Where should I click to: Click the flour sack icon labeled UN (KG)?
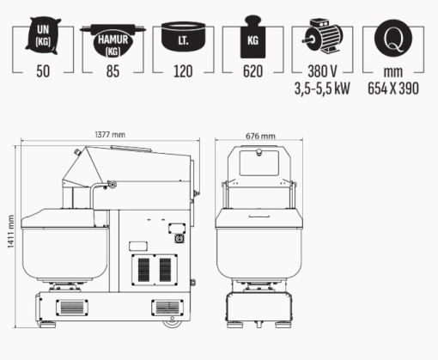[43, 35]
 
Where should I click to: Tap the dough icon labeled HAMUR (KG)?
[113, 40]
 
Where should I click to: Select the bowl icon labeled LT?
[183, 36]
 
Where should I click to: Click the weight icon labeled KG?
[252, 37]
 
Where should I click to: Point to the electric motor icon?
[323, 35]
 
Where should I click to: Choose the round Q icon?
[393, 38]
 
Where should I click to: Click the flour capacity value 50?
[43, 71]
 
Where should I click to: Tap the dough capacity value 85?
[113, 71]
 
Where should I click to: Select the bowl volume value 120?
[183, 71]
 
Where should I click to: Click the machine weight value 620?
[252, 71]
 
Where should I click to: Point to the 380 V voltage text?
[322, 71]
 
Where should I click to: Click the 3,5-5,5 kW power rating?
[322, 88]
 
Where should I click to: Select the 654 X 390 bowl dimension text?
[393, 88]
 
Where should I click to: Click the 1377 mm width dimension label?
[110, 135]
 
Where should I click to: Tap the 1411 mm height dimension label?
[10, 231]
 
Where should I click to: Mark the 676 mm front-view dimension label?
[260, 136]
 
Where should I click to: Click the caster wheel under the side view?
[173, 323]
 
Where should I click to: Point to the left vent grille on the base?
[72, 308]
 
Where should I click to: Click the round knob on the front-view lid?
[259, 152]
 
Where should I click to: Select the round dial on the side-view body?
[179, 238]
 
